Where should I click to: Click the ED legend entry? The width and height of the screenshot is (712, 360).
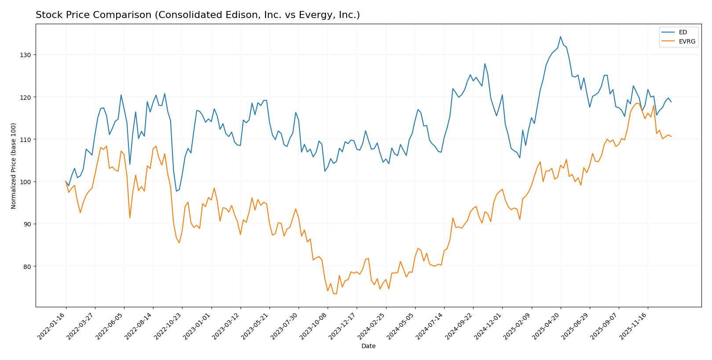point(683,32)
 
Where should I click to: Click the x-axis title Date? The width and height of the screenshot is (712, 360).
point(368,346)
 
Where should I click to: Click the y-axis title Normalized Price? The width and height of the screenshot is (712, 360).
point(14,166)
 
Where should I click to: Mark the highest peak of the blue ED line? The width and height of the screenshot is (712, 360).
point(560,36)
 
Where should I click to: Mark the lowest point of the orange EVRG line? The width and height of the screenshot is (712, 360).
point(336,294)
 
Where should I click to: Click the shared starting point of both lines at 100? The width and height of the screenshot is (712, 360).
point(66,182)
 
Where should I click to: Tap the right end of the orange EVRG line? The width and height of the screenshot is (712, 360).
point(671,137)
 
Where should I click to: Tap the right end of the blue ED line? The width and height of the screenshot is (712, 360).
point(671,102)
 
